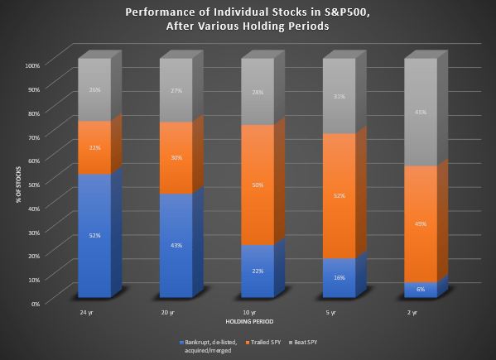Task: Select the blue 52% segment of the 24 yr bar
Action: (94, 236)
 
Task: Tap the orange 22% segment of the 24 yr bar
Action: (94, 148)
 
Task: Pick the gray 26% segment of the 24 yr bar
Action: (94, 90)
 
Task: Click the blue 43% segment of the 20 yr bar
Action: (176, 246)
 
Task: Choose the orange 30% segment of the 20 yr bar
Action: (176, 158)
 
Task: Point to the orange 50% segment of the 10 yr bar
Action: (258, 185)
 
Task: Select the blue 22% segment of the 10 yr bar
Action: (258, 271)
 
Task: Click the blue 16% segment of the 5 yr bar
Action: (339, 278)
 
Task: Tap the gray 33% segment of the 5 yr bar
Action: (339, 96)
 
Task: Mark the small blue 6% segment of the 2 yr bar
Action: (420, 290)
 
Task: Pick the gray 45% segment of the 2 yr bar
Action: (420, 113)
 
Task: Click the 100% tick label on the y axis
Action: (32, 65)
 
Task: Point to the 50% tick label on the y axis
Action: (34, 184)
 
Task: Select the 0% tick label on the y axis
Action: (36, 304)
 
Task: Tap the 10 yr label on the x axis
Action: (248, 313)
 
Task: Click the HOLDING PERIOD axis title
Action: (248, 321)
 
